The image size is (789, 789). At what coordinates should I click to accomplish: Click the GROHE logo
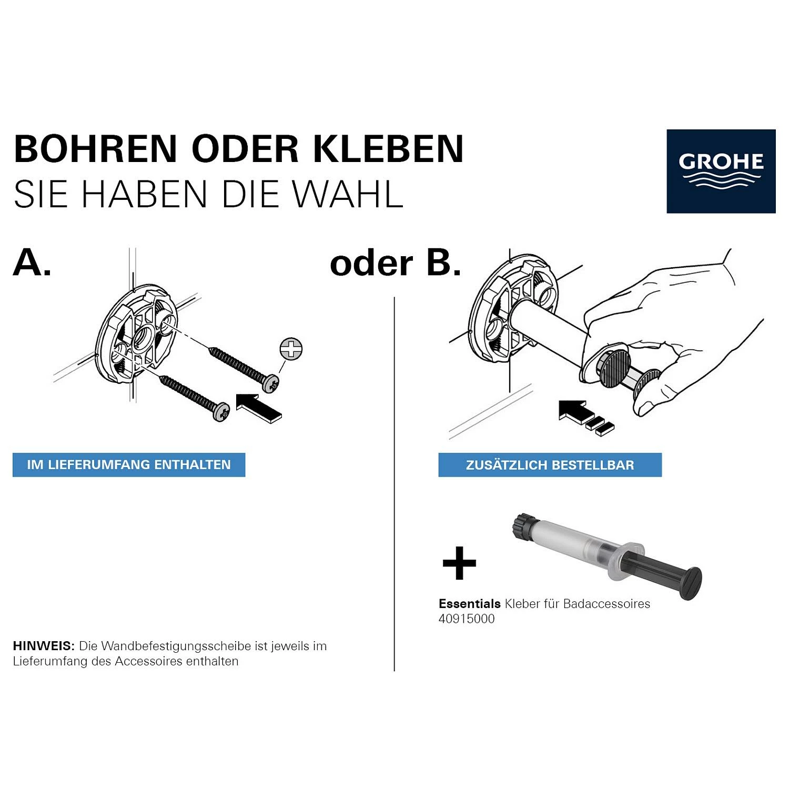click(721, 171)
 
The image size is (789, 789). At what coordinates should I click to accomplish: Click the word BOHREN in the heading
click(95, 149)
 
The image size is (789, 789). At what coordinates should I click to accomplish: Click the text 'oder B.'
click(395, 263)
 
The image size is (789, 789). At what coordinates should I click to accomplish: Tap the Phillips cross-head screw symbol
click(291, 349)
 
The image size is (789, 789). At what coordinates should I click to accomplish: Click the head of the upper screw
click(272, 383)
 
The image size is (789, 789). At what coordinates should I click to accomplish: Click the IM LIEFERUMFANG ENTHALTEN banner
click(129, 465)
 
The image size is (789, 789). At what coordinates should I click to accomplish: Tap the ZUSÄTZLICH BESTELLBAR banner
click(550, 465)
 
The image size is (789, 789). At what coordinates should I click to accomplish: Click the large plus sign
click(459, 563)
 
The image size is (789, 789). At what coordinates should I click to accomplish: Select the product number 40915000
click(467, 619)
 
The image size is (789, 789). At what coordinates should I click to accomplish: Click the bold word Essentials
click(469, 604)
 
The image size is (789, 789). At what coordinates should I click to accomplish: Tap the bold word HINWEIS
click(44, 646)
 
